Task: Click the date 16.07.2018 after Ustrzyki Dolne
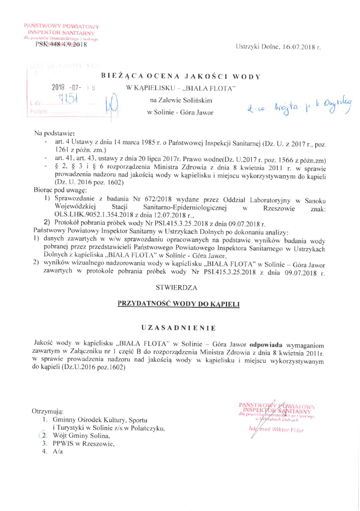coord(302,47)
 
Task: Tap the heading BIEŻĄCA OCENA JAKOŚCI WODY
coord(180,75)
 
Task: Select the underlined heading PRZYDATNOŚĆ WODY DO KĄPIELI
coord(179,304)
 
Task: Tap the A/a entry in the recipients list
coord(58,452)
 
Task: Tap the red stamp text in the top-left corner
coord(61,32)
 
